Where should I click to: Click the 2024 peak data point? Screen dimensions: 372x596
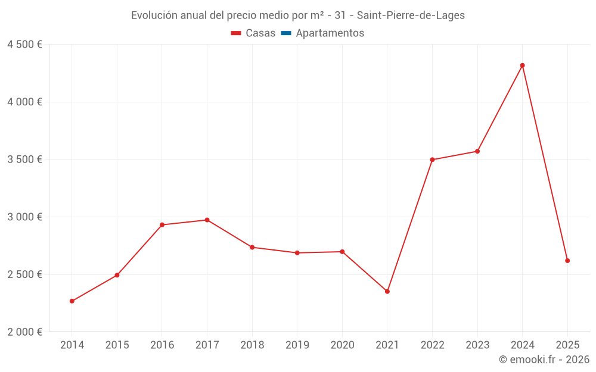tap(522, 65)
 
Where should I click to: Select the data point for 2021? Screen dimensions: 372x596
tap(387, 291)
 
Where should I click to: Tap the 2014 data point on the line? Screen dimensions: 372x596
tap(72, 301)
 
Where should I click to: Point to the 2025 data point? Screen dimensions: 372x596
tap(567, 261)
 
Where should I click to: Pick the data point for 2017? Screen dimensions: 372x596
tap(207, 220)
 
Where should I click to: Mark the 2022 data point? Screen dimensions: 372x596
tap(432, 160)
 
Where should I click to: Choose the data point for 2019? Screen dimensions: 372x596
tap(297, 253)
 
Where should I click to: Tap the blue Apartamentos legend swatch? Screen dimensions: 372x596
tap(286, 33)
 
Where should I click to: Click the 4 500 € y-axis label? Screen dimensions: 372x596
tap(24, 45)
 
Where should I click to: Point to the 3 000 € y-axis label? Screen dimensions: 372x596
tap(24, 217)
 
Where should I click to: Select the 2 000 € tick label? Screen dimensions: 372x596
tap(24, 332)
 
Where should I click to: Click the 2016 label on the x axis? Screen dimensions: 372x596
tap(162, 345)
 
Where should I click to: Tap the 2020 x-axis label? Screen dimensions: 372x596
tap(342, 345)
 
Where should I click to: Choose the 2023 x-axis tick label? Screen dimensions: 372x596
tap(477, 345)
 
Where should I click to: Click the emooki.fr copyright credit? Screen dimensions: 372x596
tap(544, 360)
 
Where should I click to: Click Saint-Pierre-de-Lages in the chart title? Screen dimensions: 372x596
tap(411, 15)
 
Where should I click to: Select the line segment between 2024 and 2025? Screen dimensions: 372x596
tap(545, 163)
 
